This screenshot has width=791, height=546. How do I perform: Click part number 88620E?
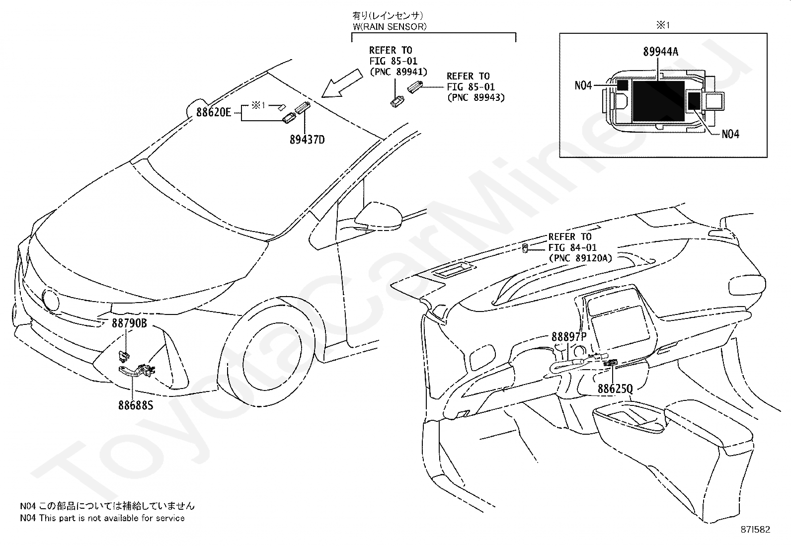click(x=213, y=112)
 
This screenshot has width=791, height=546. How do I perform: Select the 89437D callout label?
click(x=307, y=140)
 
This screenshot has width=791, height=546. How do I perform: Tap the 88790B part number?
click(x=129, y=323)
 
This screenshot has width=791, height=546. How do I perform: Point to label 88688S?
click(x=136, y=405)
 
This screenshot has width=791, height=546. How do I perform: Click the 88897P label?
click(x=569, y=337)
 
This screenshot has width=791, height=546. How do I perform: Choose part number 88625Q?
click(x=615, y=389)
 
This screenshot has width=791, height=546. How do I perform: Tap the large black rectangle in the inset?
click(x=658, y=101)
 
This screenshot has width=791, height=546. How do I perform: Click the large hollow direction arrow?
click(x=342, y=83)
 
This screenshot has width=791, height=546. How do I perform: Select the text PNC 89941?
click(x=398, y=72)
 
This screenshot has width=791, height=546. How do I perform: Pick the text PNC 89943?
click(x=476, y=97)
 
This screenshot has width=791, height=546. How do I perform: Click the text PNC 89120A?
click(x=580, y=258)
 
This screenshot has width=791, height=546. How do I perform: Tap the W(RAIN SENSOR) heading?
click(x=390, y=26)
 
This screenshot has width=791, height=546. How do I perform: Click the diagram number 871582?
click(x=755, y=530)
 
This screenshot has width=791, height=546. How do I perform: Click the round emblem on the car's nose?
click(x=51, y=301)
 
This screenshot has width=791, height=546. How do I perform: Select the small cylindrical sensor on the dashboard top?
click(x=525, y=248)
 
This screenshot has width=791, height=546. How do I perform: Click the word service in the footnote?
click(x=171, y=518)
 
